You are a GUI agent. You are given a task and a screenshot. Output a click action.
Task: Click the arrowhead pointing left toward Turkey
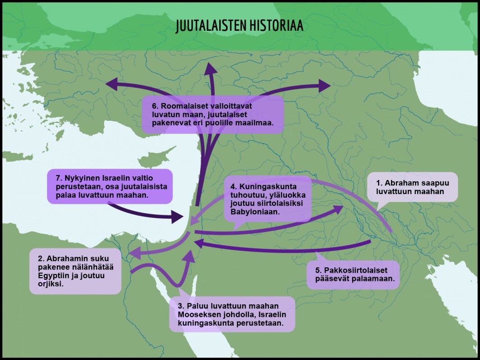tap(112, 84)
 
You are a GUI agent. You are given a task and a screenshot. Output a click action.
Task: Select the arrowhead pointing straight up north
tap(211, 69)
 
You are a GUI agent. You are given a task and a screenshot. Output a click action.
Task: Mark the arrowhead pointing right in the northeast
tap(325, 86)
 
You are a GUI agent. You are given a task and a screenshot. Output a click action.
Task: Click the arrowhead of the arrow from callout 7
tap(178, 217)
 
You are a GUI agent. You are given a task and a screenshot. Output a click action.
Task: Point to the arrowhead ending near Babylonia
tap(337, 209)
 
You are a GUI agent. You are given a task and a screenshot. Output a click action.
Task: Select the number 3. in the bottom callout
tap(181, 306)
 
